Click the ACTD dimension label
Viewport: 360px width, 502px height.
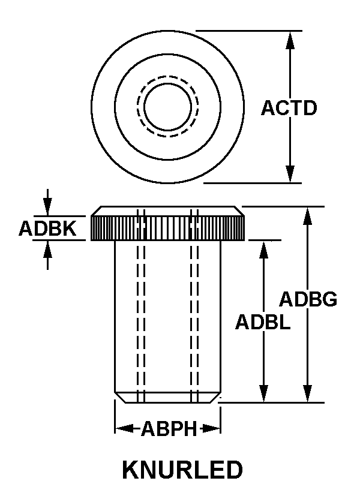(289, 108)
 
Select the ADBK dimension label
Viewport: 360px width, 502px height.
(48, 229)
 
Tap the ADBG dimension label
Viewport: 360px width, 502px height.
(308, 299)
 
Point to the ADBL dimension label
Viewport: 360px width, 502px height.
(263, 322)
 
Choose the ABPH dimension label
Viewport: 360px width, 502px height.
(169, 429)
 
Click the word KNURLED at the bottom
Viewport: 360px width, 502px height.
(182, 470)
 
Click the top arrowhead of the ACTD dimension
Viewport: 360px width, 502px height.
(290, 40)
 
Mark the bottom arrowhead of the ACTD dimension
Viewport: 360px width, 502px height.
(290, 174)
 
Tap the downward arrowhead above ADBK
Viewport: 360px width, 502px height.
(48, 207)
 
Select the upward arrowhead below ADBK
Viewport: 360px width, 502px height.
(48, 249)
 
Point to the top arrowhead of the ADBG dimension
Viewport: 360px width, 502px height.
(308, 216)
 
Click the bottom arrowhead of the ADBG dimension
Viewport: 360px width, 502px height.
(308, 393)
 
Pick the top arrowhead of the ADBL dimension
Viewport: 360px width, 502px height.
(263, 250)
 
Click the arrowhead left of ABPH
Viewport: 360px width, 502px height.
(124, 428)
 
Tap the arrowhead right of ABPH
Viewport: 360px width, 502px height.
(211, 428)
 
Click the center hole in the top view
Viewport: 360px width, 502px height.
(168, 107)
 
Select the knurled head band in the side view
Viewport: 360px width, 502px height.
(168, 228)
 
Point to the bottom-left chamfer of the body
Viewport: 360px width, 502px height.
(120, 397)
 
